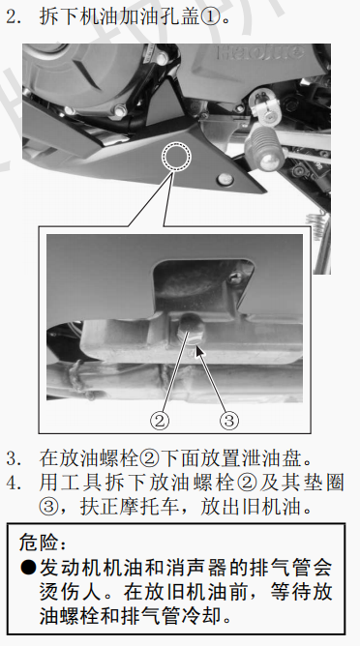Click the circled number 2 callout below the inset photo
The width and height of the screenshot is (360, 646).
pos(160,421)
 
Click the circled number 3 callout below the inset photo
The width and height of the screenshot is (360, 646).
pos(228,421)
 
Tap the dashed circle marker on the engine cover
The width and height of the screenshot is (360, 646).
pos(176,157)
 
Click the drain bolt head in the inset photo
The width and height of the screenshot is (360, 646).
pos(192,328)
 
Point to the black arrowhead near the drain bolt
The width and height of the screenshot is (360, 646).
pos(199,351)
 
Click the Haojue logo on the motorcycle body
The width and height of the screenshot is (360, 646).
pos(259,53)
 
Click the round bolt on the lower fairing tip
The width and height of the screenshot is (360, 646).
pos(225,179)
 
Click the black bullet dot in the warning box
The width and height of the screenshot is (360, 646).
pos(28,568)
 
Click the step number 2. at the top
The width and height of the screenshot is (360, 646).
pos(15,16)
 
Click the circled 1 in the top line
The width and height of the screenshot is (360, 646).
pos(210,16)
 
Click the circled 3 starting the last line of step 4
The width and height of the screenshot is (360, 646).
pos(48,507)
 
